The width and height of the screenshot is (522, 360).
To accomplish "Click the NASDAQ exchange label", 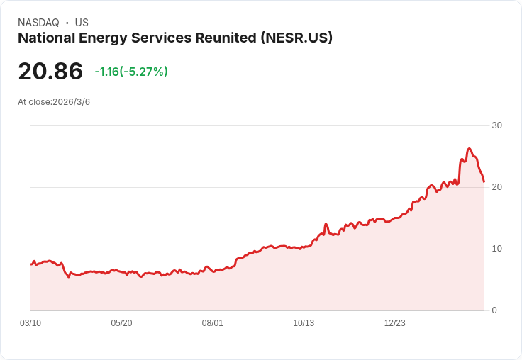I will tap(38, 23).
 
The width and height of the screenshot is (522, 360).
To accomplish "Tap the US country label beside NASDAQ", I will tap(82, 23).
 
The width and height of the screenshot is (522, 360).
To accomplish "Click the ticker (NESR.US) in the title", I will tap(296, 38).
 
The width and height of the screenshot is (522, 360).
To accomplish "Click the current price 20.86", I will tap(50, 72).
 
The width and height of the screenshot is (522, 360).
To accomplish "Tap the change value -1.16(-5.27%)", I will tap(131, 72).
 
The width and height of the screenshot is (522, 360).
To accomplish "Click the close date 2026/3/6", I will tap(72, 102).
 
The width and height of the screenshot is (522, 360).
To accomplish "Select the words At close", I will tap(34, 102).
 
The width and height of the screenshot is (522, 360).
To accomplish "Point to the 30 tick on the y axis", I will tap(496, 125).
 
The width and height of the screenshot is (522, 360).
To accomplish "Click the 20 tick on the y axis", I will tap(496, 187).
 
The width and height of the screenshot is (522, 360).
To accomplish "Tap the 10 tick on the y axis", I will tap(496, 249).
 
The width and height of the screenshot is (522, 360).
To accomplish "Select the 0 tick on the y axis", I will tap(494, 310).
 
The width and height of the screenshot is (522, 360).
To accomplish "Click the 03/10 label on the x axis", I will tap(30, 323).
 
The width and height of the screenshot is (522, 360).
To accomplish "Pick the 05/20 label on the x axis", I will tap(121, 323).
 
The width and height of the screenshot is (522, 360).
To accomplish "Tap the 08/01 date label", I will tap(213, 323).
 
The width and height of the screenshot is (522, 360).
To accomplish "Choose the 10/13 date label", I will tap(304, 323).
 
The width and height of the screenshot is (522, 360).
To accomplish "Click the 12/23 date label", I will tap(395, 323).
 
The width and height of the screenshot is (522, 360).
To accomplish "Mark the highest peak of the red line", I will tap(470, 149).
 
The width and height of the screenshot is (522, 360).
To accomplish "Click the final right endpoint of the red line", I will tap(484, 182).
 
